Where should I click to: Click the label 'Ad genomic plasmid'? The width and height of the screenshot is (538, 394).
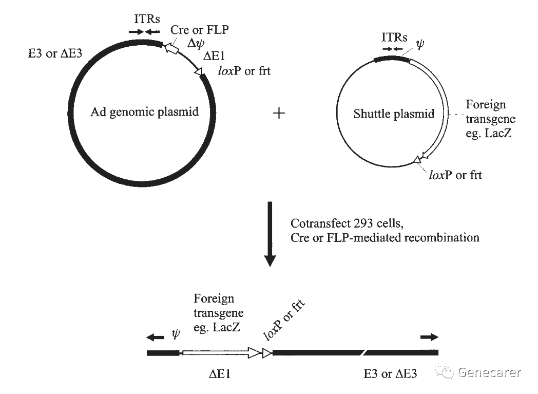144,112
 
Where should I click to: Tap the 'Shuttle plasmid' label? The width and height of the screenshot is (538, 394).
394,114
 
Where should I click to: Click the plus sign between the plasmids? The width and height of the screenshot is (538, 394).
279,114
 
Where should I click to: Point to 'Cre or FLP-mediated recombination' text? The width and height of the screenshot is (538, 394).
385,237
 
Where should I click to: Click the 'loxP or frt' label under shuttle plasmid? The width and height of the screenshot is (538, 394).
455,175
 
